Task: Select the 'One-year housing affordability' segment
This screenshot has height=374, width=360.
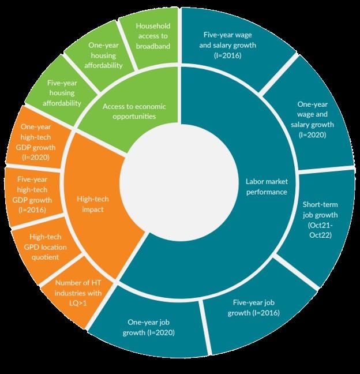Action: pos(105,55)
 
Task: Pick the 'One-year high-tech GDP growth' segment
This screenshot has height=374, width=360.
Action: pos(35,142)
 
